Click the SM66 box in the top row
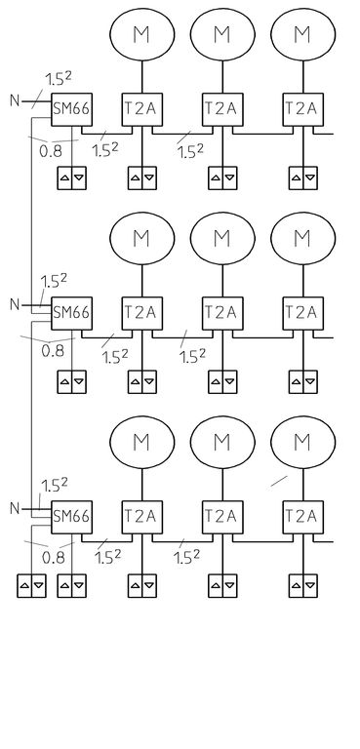pyautogui.click(x=72, y=109)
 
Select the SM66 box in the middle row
pyautogui.click(x=72, y=313)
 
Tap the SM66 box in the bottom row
pyautogui.click(x=72, y=517)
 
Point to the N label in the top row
pyautogui.click(x=16, y=100)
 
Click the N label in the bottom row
pyautogui.click(x=16, y=509)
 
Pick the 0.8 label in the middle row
pyautogui.click(x=53, y=351)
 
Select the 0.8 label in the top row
pyautogui.click(x=51, y=151)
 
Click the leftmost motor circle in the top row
pyautogui.click(x=142, y=34)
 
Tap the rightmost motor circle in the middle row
pyautogui.click(x=303, y=238)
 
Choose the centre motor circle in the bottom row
pyautogui.click(x=222, y=442)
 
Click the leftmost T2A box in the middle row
pyautogui.click(x=142, y=313)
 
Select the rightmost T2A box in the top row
pyautogui.click(x=303, y=109)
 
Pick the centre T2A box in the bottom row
pyautogui.click(x=222, y=517)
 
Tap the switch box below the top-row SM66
pyautogui.click(x=72, y=177)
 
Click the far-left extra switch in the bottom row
pyautogui.click(x=31, y=585)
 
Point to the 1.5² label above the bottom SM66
pyautogui.click(x=54, y=486)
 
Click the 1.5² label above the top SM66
pyautogui.click(x=59, y=78)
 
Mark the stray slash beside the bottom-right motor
pyautogui.click(x=279, y=481)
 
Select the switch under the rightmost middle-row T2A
pyautogui.click(x=303, y=381)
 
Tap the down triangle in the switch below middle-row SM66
pyautogui.click(x=79, y=381)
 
